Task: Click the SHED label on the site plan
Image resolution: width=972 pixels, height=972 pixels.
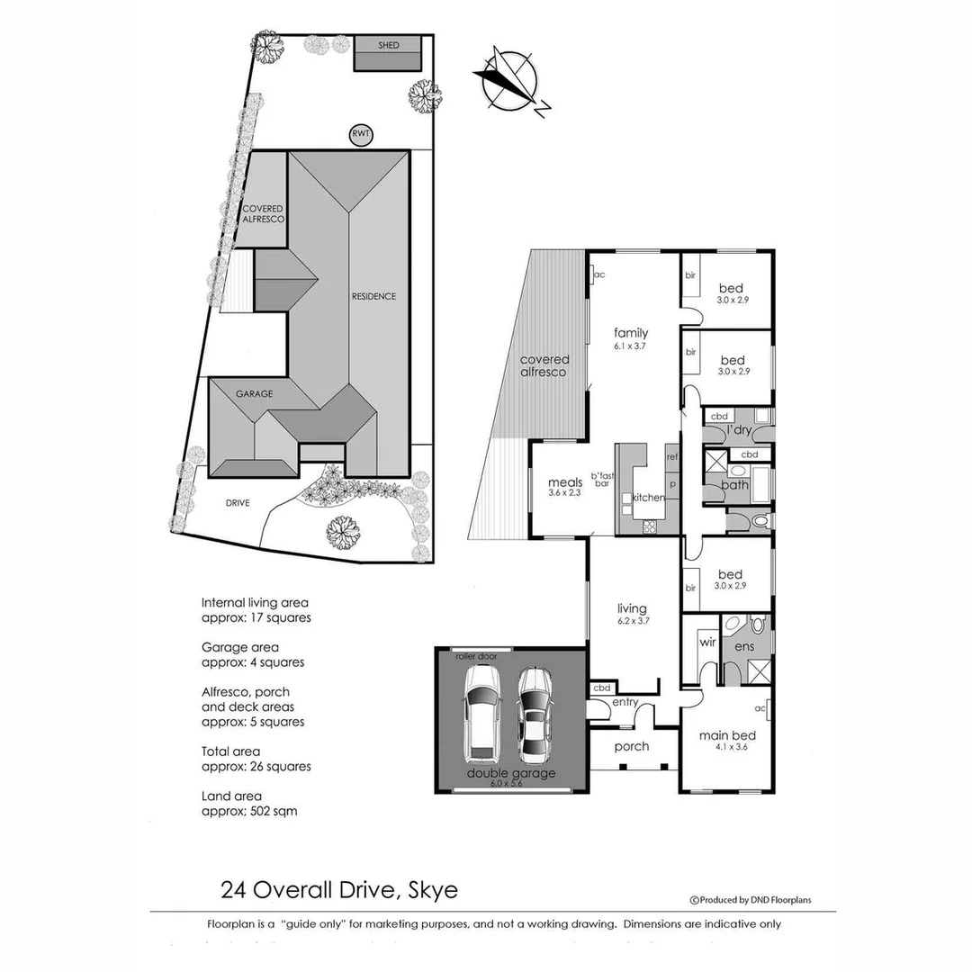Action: pos(389,45)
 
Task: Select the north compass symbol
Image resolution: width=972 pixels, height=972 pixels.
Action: pos(508,81)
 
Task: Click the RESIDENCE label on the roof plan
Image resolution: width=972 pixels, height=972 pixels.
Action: pos(373,296)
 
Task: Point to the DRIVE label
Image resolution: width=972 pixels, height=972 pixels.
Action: pos(238,503)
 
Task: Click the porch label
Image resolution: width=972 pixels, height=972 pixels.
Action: pos(632,746)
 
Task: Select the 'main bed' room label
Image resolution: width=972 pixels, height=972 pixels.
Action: pos(727,735)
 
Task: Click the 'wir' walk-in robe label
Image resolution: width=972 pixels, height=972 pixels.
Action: pos(706,643)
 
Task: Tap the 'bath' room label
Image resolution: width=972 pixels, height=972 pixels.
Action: pos(734,485)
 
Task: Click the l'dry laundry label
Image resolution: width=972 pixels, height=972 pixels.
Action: pos(739,430)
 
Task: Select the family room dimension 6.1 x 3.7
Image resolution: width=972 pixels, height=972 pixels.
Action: pos(631,345)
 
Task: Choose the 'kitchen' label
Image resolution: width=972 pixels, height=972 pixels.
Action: pos(648,498)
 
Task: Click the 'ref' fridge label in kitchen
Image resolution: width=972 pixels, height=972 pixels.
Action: pos(670,457)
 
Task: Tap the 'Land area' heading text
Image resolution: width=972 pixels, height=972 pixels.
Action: pos(231,796)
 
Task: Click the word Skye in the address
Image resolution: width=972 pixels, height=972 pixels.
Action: pos(431,890)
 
